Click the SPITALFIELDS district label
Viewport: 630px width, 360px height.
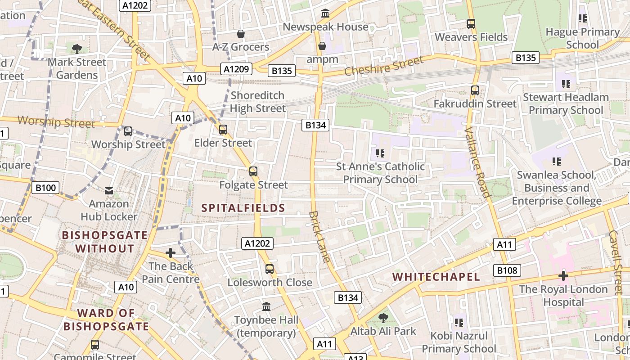243,208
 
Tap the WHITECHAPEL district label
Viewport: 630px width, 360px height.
436,277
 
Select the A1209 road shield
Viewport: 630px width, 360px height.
236,69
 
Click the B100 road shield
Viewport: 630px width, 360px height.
45,188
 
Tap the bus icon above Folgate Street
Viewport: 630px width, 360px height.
253,171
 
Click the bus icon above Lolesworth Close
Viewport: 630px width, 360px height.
270,269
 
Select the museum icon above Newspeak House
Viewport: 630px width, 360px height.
325,13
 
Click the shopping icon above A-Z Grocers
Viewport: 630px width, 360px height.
241,34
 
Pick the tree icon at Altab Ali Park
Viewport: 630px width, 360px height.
383,318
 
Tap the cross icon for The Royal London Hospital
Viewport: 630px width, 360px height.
563,275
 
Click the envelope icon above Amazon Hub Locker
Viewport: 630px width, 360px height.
109,191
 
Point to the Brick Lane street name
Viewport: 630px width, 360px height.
320,237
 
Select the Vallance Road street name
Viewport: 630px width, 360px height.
477,162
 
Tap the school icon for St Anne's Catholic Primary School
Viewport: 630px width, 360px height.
380,153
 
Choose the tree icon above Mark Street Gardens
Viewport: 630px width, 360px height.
77,49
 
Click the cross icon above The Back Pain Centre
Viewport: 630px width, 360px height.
170,253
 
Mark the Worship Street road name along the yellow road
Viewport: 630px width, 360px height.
56,122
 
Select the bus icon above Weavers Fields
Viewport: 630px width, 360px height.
471,24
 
